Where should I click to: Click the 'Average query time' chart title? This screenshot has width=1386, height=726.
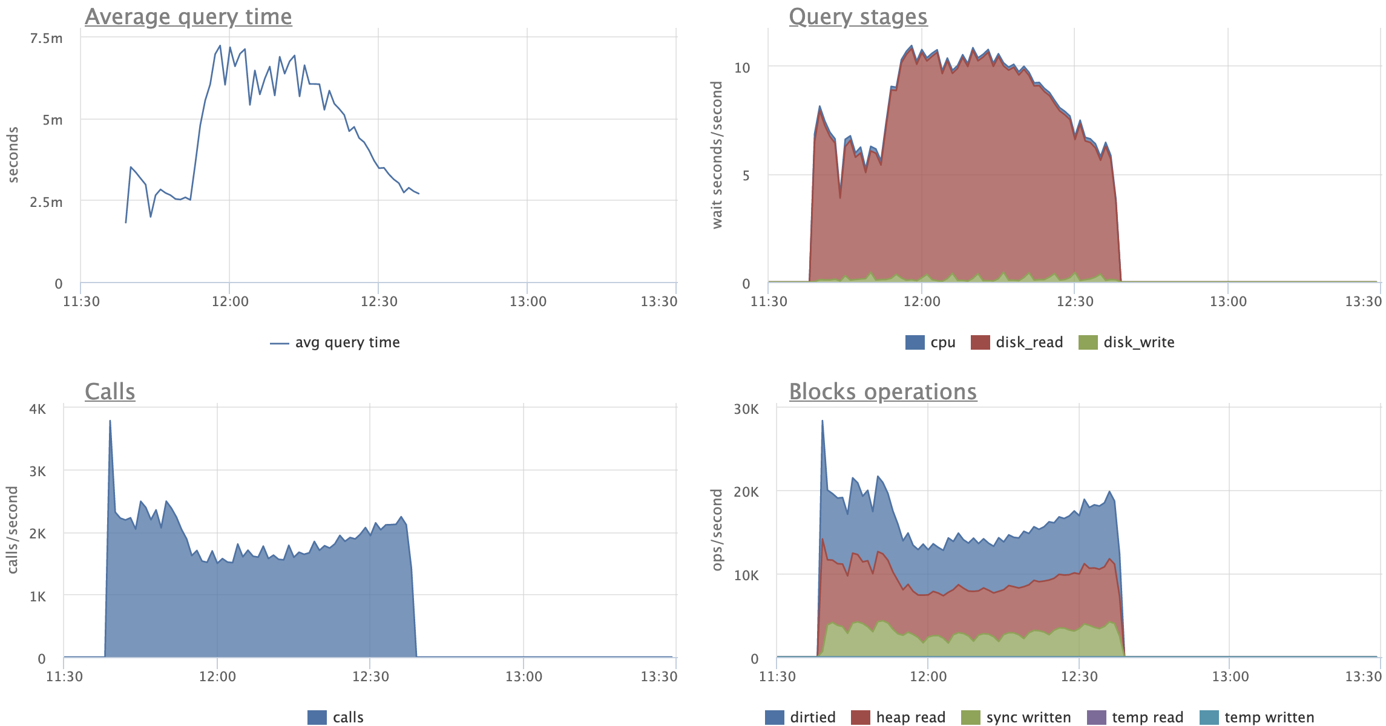188,17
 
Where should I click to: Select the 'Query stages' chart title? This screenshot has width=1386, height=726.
858,17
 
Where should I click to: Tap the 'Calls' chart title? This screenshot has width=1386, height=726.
110,392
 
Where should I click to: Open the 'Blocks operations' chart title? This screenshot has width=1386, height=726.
882,392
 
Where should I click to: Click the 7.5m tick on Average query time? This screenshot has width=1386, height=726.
47,39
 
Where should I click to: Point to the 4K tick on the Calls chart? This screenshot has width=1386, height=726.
38,410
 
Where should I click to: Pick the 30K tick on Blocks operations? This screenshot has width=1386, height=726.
746,410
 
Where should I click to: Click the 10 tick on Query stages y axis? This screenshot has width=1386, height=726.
742,68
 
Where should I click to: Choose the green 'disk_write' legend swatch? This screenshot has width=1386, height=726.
1088,343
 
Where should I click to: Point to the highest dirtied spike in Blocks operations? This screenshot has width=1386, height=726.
822,421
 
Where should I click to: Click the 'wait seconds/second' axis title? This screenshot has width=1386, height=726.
717,155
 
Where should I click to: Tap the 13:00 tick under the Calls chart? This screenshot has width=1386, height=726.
524,676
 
